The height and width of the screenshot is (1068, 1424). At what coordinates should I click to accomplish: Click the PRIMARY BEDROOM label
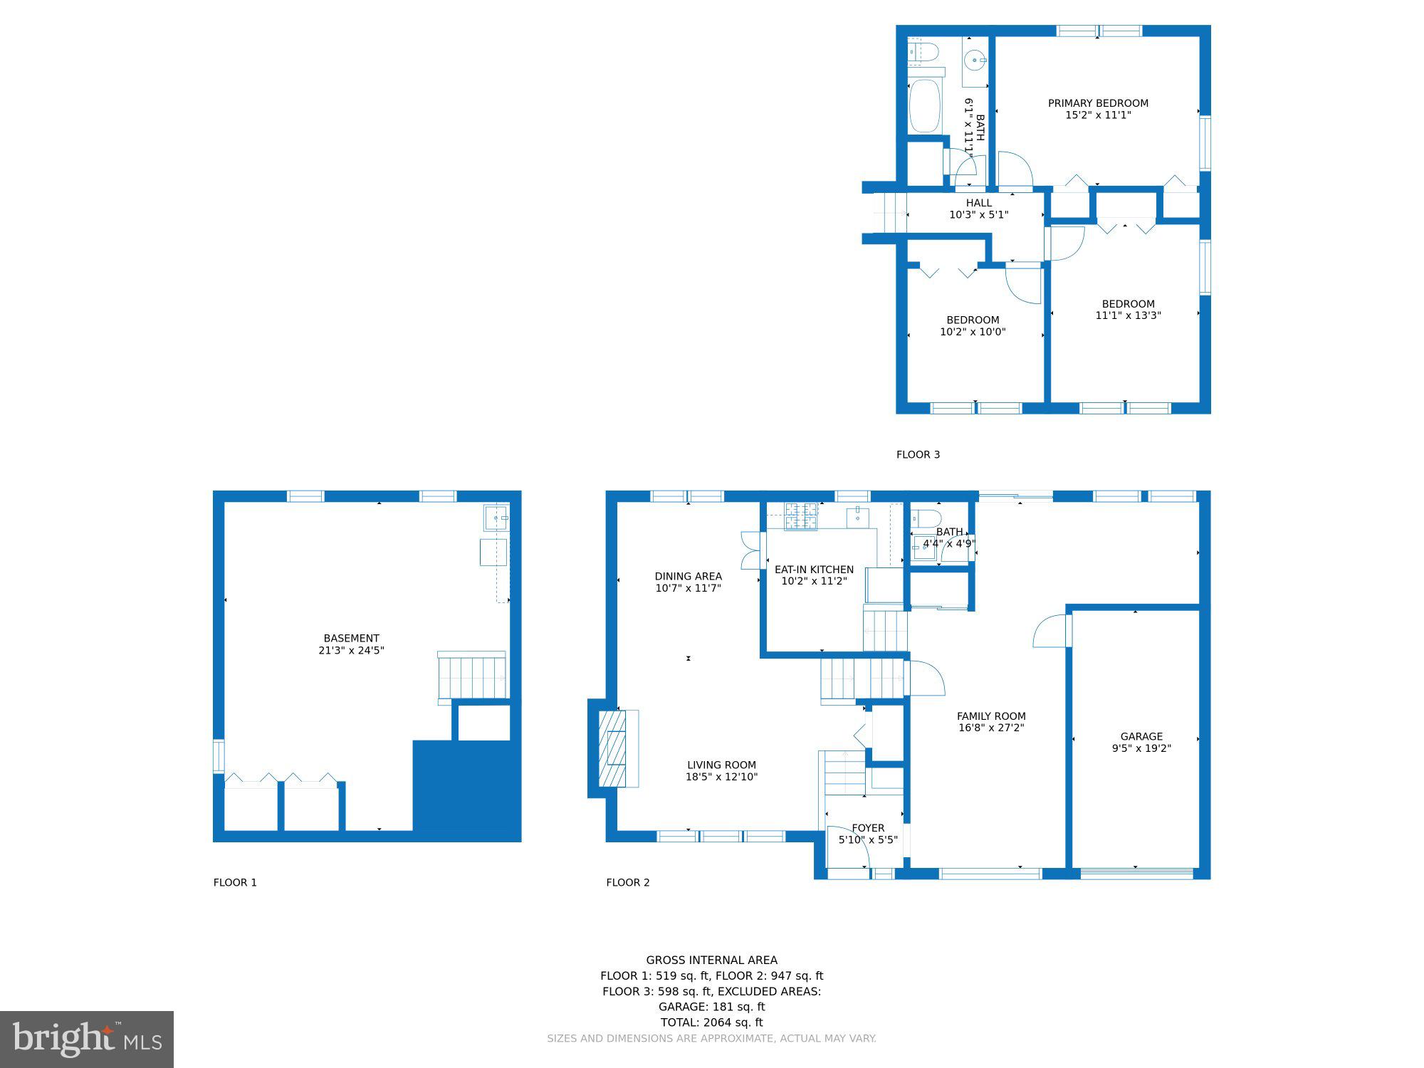click(1098, 103)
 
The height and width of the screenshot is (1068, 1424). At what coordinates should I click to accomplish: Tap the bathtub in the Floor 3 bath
click(925, 105)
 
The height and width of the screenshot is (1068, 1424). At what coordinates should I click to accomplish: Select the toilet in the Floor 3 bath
click(924, 52)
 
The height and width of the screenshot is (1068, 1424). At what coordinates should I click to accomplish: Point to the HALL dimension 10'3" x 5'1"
click(979, 215)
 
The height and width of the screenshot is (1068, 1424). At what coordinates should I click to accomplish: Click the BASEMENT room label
click(351, 639)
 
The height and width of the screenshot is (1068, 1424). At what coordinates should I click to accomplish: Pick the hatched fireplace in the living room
click(612, 748)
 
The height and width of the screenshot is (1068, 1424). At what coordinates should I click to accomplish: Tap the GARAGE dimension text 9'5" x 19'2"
click(1141, 748)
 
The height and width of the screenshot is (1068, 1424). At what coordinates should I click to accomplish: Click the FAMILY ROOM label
click(991, 716)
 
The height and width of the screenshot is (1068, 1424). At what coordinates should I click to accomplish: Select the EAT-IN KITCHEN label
click(814, 570)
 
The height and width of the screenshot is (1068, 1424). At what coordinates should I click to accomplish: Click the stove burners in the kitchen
click(801, 516)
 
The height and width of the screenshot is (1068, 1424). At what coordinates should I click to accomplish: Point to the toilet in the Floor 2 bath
click(926, 518)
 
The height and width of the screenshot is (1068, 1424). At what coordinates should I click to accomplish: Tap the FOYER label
click(868, 828)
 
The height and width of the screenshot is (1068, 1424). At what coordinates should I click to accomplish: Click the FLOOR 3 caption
click(918, 454)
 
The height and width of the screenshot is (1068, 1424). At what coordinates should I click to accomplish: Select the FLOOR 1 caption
click(235, 882)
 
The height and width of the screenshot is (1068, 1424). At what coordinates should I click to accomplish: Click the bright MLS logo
click(87, 1040)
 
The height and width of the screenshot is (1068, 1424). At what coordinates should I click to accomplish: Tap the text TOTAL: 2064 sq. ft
click(711, 1022)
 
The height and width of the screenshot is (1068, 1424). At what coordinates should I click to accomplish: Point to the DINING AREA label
click(689, 577)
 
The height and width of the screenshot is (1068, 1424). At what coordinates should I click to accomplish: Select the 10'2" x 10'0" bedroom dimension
click(973, 332)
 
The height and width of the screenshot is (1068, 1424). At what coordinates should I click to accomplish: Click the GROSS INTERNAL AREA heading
click(712, 960)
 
